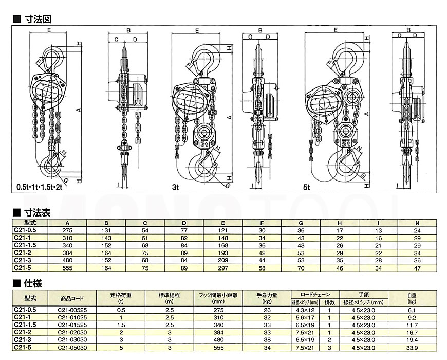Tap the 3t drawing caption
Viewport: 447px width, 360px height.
tap(175, 188)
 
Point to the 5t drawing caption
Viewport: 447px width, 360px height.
tap(306, 188)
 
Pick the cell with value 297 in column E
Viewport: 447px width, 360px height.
tap(223, 268)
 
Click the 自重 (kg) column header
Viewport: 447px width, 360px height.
tap(413, 298)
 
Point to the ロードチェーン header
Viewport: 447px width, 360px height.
tap(312, 294)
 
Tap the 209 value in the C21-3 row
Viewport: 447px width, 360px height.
tap(223, 260)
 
